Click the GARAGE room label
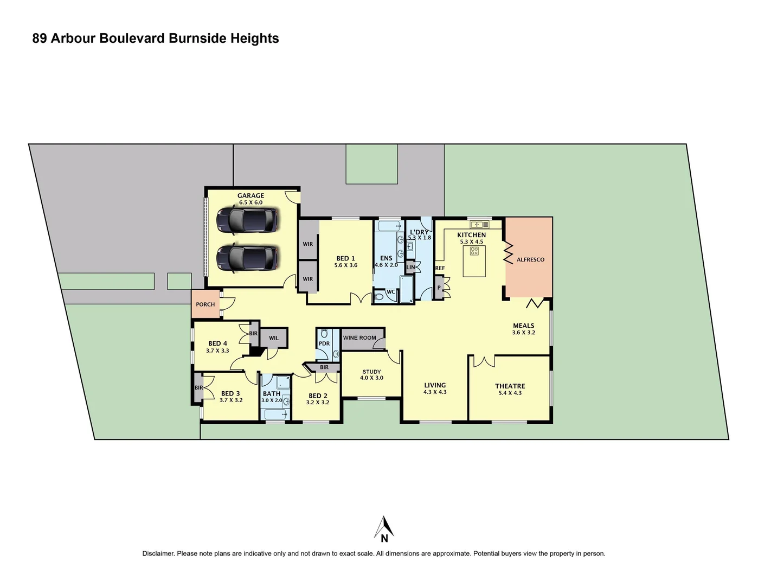(x=250, y=196)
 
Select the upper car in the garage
(x=247, y=220)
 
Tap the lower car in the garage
(x=247, y=259)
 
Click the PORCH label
(x=205, y=304)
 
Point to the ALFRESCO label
(x=530, y=260)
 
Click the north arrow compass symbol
(x=384, y=530)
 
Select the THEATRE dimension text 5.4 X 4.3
(x=510, y=393)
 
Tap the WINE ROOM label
(x=359, y=338)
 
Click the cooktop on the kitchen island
(x=474, y=251)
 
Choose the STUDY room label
(x=371, y=372)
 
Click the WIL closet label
(x=274, y=338)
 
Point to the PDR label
(x=324, y=343)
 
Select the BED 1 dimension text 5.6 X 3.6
(x=346, y=265)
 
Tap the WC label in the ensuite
(x=390, y=292)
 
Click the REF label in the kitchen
(x=440, y=269)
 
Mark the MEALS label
(x=523, y=326)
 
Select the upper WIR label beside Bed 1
(x=307, y=244)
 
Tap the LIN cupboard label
(x=410, y=267)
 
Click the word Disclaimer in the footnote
(x=158, y=553)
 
